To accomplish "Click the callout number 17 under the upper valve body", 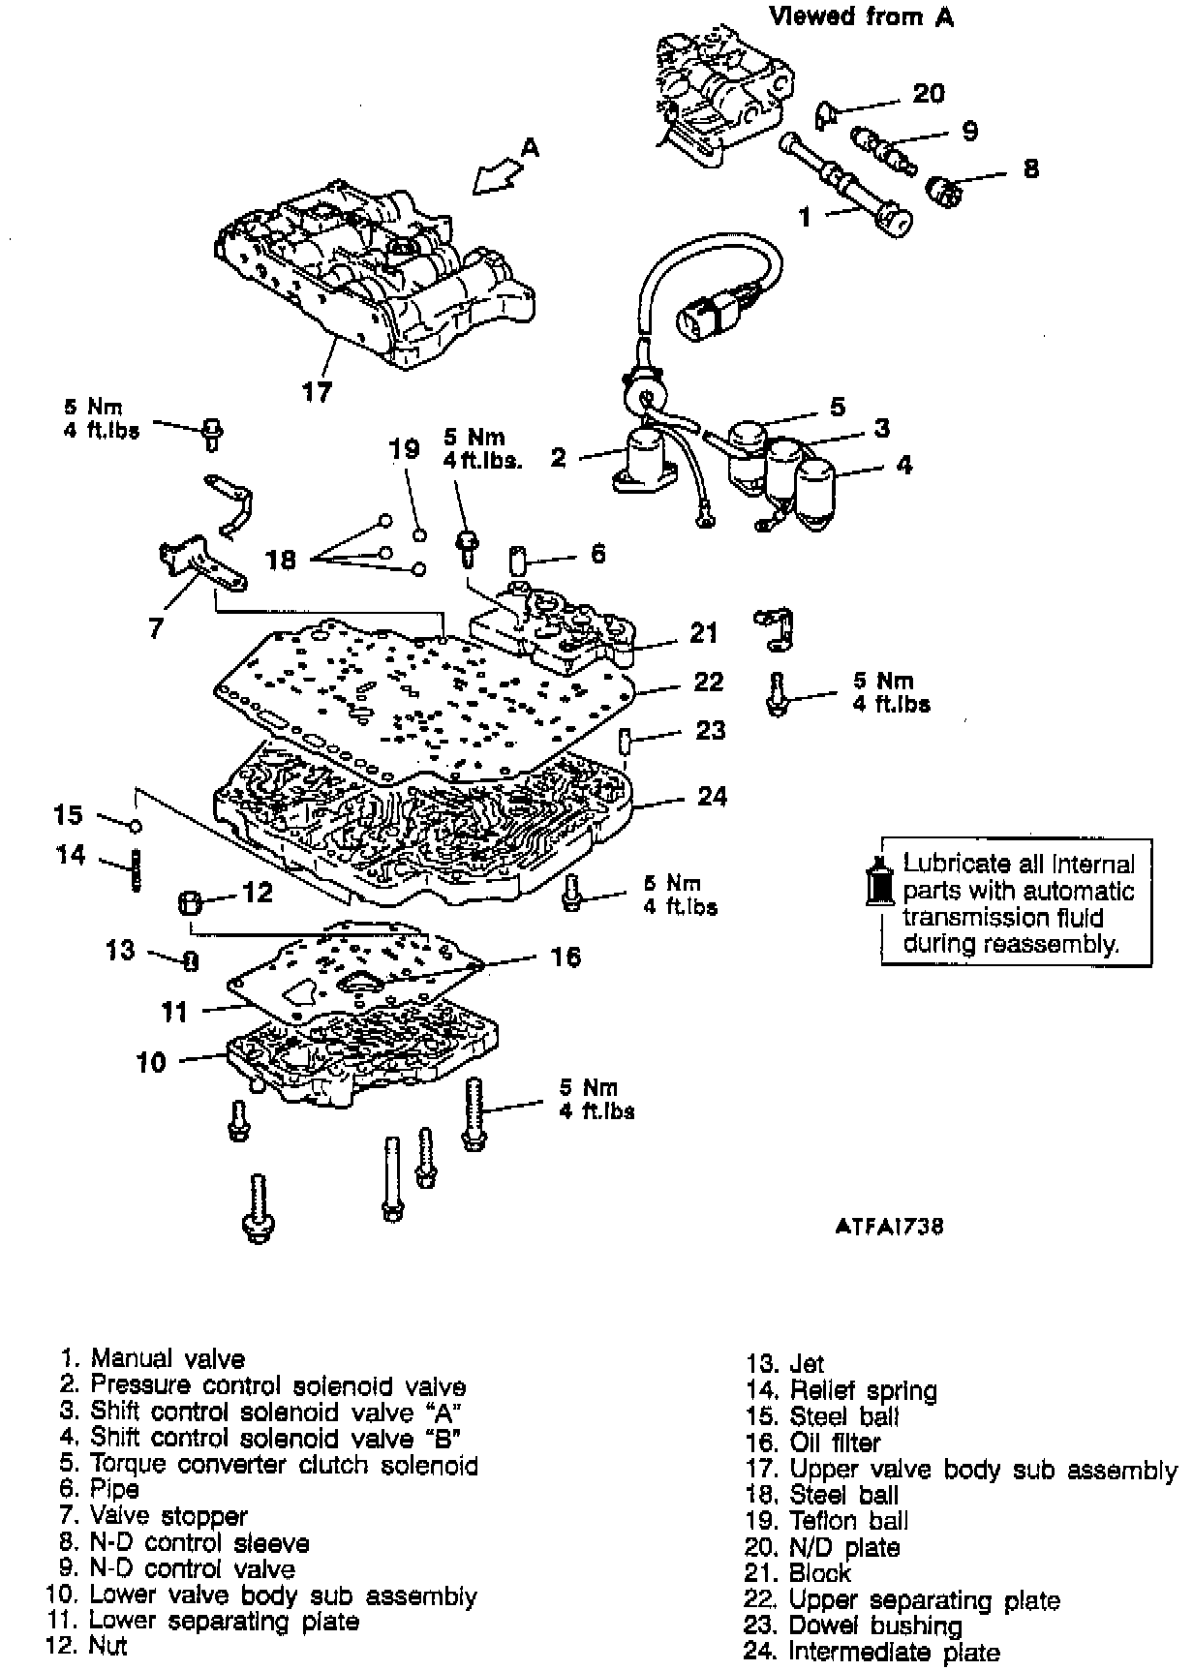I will tap(317, 391).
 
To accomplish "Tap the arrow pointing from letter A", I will tap(496, 176).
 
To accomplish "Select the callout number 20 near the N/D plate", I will tap(928, 93).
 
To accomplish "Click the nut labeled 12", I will tap(190, 904).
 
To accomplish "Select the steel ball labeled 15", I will tap(137, 826).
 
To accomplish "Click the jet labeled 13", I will tap(191, 961).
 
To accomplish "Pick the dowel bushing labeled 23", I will tap(625, 744).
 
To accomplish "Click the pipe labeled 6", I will tap(518, 561).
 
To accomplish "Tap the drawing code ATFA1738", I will tap(888, 1226).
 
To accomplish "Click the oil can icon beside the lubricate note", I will tap(879, 880).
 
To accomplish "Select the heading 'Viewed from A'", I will tap(861, 16).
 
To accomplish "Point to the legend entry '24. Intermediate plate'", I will tap(872, 1652).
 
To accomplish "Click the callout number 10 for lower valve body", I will tap(152, 1062).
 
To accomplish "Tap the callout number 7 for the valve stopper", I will tap(156, 627).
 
